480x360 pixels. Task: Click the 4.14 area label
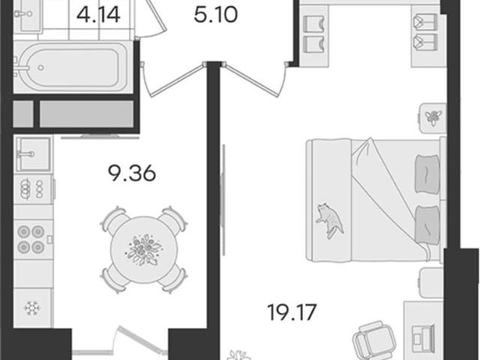tap(98, 15)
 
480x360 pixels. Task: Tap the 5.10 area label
tap(216, 15)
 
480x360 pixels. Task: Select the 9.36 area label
tap(132, 173)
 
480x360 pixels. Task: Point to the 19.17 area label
tap(292, 312)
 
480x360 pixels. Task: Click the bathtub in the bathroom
tap(73, 67)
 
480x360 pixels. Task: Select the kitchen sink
tap(33, 154)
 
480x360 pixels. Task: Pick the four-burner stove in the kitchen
tap(31, 239)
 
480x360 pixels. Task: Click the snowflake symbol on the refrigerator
tap(31, 307)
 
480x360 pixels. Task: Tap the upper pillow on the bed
tap(427, 174)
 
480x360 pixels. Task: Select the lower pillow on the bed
tap(427, 225)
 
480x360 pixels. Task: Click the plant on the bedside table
tap(433, 117)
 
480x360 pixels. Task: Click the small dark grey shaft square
tap(23, 113)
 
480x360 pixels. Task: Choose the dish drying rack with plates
tap(33, 189)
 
